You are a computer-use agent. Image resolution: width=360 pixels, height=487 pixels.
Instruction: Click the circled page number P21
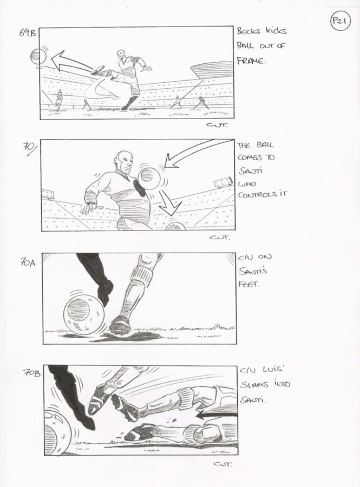pyautogui.click(x=340, y=22)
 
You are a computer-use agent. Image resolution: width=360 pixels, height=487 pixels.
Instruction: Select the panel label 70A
pyautogui.click(x=28, y=263)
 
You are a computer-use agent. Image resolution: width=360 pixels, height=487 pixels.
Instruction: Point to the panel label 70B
pyautogui.click(x=32, y=373)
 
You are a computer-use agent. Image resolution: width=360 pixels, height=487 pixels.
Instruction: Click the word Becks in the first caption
pyautogui.click(x=248, y=31)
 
